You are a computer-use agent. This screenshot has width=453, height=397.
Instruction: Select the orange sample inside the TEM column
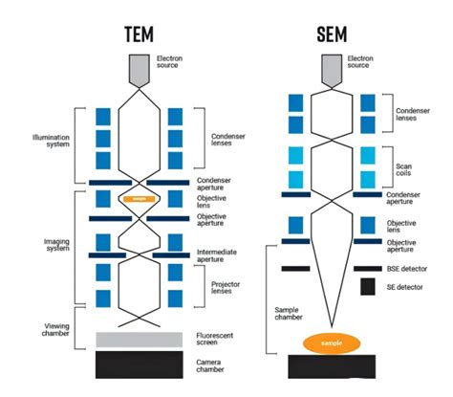tap(140, 199)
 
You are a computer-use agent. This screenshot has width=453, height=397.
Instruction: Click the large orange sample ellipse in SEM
tap(331, 342)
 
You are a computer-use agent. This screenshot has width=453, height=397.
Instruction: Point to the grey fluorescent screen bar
tap(140, 338)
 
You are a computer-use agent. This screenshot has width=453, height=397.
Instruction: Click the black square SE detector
tap(367, 286)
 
